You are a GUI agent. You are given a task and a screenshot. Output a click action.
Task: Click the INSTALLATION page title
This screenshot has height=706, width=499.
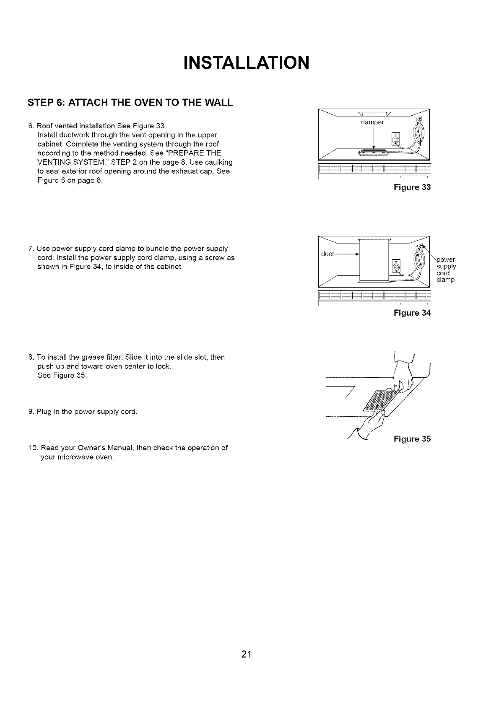tap(246, 63)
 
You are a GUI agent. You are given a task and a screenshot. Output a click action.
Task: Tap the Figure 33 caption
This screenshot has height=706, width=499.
tap(412, 187)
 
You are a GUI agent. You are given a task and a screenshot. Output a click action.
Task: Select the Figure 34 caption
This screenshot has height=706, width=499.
tap(412, 313)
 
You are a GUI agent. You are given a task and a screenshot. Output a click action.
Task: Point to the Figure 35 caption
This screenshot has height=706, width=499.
tap(412, 439)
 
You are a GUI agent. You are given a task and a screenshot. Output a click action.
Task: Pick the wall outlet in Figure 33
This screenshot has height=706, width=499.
tap(395, 138)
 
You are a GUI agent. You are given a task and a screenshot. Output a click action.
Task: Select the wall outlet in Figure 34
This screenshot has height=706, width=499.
tap(395, 265)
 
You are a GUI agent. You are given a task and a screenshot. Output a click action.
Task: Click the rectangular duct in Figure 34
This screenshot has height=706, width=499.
tap(374, 260)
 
